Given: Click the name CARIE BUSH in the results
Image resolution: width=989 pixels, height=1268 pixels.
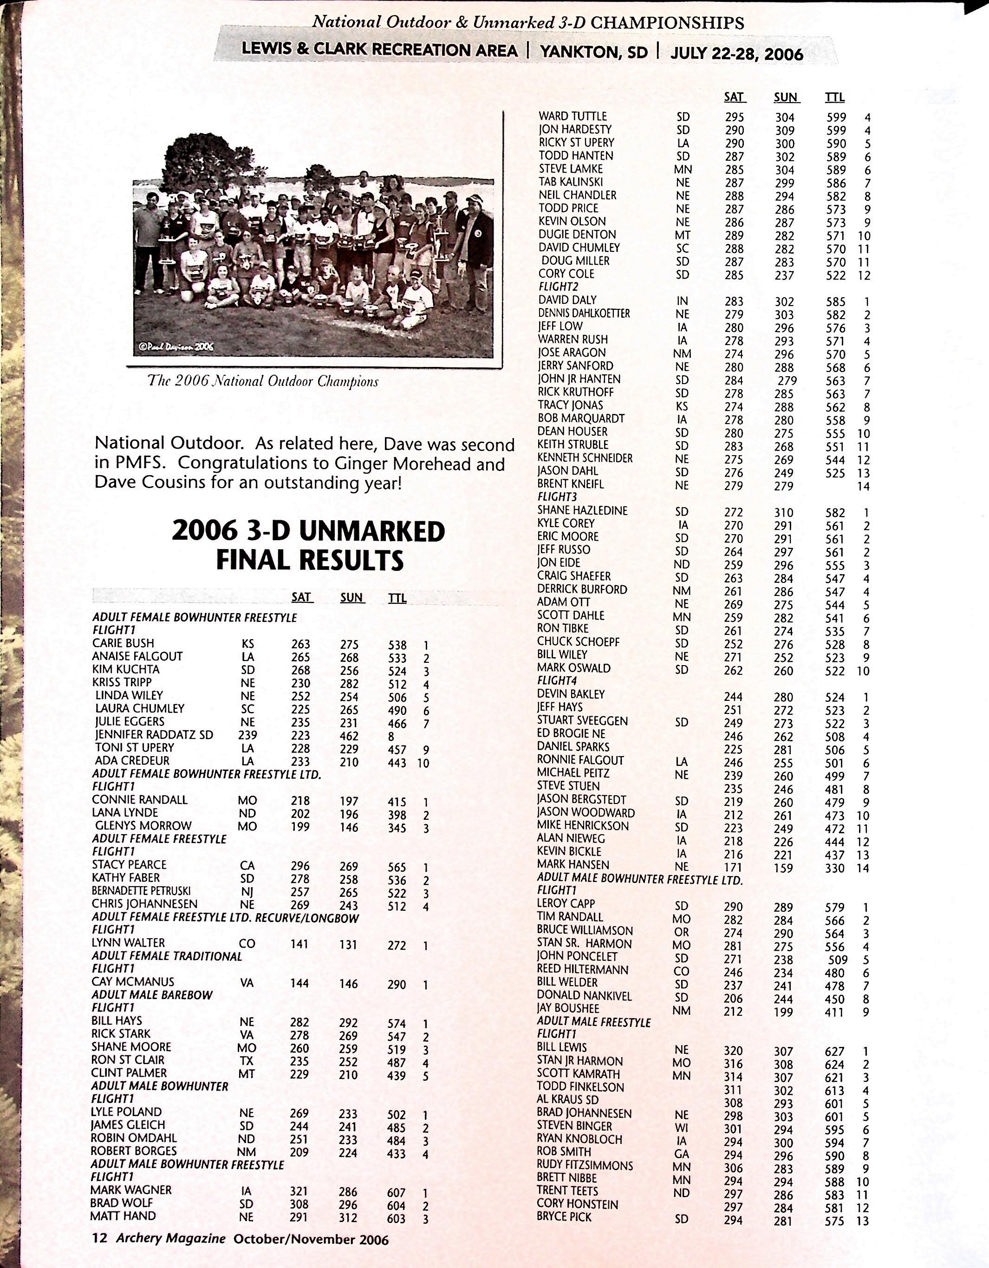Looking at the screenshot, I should pos(123,643).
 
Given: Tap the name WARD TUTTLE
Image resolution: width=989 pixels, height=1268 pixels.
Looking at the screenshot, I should pos(572,117).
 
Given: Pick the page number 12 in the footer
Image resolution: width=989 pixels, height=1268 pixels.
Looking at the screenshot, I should pos(100,1238).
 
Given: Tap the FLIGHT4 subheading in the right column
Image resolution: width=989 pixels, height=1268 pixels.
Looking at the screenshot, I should pos(557,680).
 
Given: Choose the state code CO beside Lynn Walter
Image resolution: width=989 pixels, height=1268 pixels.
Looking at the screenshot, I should pos(247,943).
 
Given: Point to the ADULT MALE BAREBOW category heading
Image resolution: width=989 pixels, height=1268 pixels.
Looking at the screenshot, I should pos(152,995).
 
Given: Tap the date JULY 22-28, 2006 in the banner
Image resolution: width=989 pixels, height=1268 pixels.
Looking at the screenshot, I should pos(736,54).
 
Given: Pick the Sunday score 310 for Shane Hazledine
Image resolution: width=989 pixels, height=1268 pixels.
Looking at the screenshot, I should pos(784,513).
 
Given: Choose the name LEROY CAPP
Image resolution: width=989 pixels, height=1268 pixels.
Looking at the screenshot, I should pos(566,903).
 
